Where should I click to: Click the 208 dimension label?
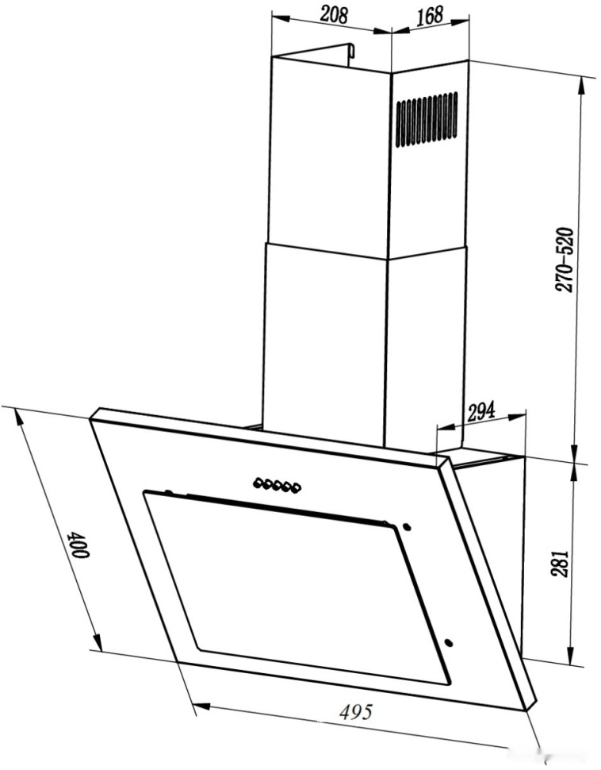coord(334,15)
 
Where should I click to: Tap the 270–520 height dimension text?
coord(565,260)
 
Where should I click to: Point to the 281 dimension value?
coord(561,564)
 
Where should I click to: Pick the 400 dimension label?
coord(79,544)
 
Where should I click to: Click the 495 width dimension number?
coord(357,711)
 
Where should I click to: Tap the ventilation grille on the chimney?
coord(427,120)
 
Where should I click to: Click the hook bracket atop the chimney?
coord(350,54)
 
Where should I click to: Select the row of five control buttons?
coord(278,486)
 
